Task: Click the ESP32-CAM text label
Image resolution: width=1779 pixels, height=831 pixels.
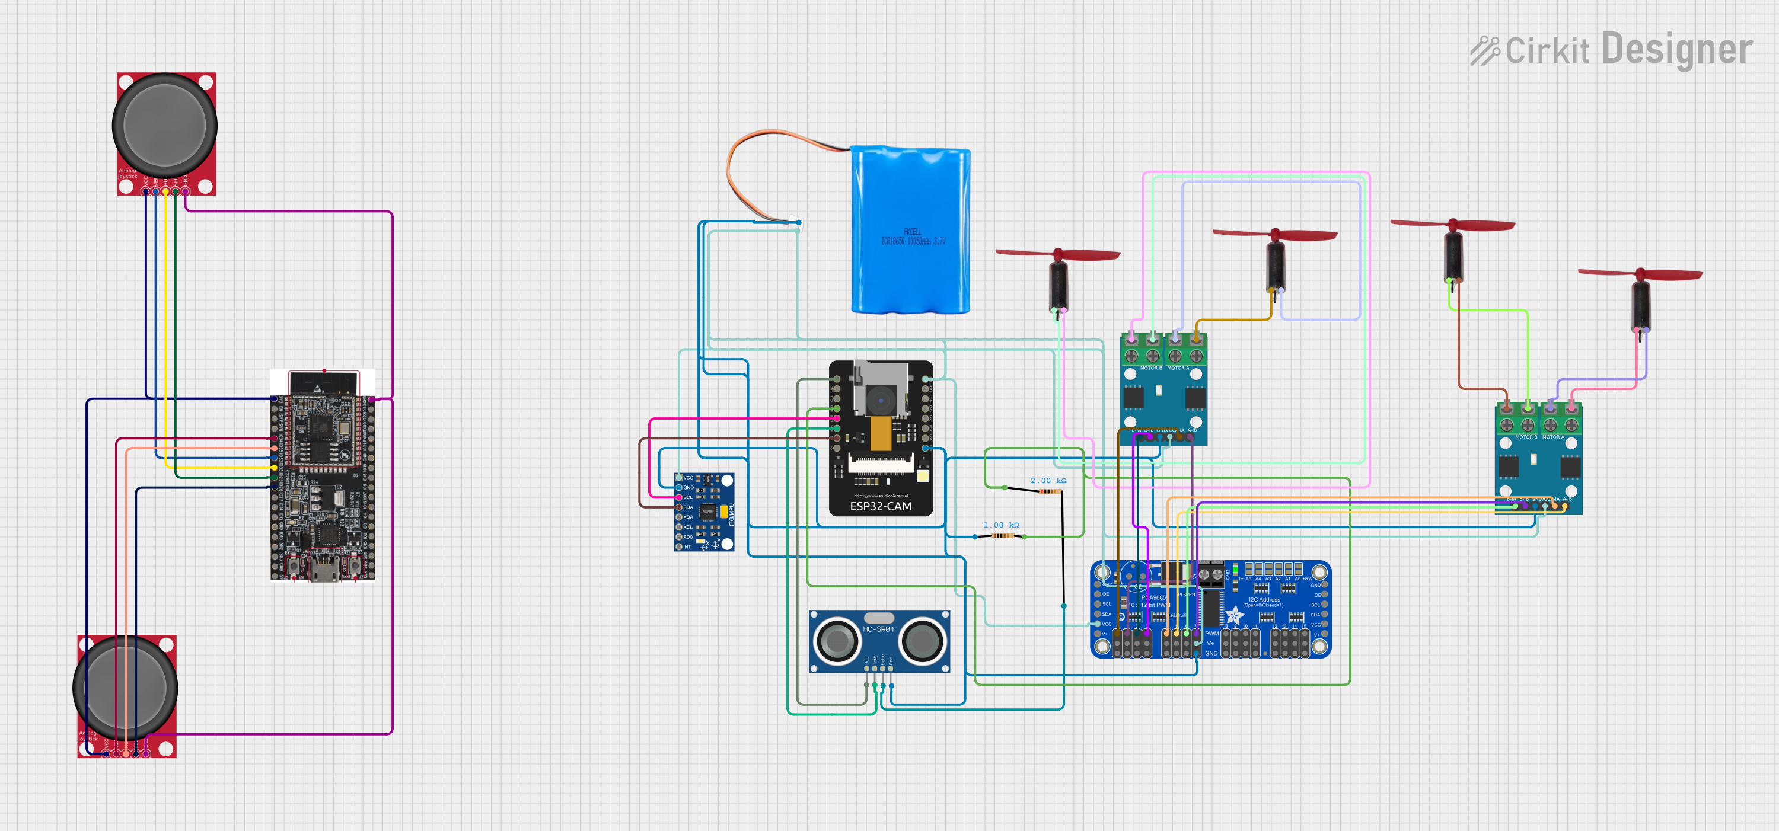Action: [881, 506]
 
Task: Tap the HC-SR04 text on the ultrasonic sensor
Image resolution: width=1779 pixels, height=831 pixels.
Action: [878, 629]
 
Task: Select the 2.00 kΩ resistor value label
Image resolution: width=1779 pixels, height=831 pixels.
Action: [1048, 480]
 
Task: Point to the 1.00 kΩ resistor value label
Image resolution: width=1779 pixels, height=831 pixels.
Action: [1001, 525]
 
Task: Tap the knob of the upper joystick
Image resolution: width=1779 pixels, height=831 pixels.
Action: [164, 125]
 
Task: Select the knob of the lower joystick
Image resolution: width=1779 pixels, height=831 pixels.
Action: [125, 688]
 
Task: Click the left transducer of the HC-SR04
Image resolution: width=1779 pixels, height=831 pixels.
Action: [837, 641]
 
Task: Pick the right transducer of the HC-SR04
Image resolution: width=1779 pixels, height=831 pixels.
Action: [922, 641]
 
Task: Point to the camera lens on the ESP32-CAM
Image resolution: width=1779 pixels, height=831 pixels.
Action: [881, 400]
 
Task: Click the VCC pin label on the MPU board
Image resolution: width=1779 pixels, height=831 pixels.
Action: [688, 478]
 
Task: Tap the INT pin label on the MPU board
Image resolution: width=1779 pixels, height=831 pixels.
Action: [687, 546]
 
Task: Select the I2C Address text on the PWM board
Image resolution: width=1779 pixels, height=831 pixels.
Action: [1264, 600]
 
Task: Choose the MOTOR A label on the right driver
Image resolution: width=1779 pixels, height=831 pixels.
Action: [1553, 437]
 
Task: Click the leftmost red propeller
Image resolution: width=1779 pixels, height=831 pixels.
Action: [1057, 255]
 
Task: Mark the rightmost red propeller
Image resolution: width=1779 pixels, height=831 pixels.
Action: [1640, 274]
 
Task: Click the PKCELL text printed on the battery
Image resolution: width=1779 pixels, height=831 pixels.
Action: [912, 232]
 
